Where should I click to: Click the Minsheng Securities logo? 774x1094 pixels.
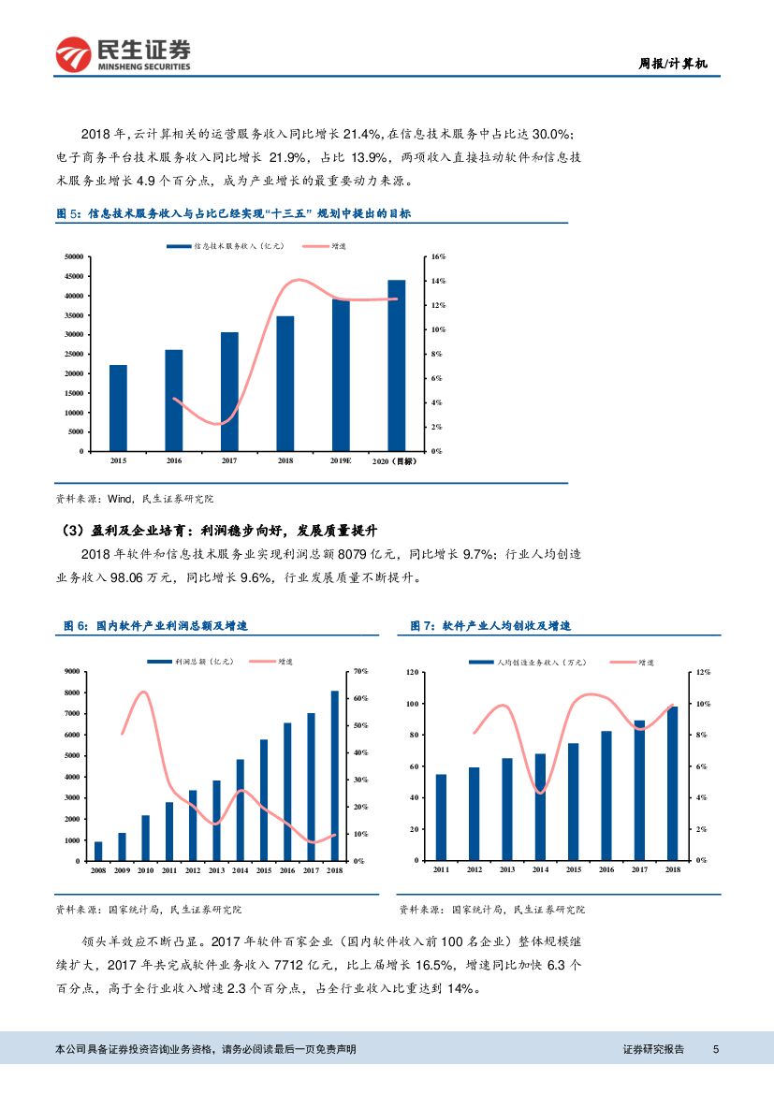click(123, 55)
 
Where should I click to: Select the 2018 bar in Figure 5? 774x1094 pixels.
click(285, 384)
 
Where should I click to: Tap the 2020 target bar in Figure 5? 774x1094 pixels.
click(397, 365)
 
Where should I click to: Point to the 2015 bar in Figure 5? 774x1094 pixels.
click(118, 408)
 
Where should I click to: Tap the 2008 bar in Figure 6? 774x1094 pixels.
click(98, 851)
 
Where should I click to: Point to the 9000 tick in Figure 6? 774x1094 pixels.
click(71, 671)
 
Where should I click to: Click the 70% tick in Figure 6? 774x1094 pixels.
click(359, 671)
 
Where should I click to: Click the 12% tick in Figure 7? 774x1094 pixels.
click(703, 672)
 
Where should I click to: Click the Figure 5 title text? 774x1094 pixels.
click(233, 213)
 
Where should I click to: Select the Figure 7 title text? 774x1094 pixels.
click(490, 625)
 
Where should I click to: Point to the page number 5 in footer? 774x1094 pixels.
click(715, 1049)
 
